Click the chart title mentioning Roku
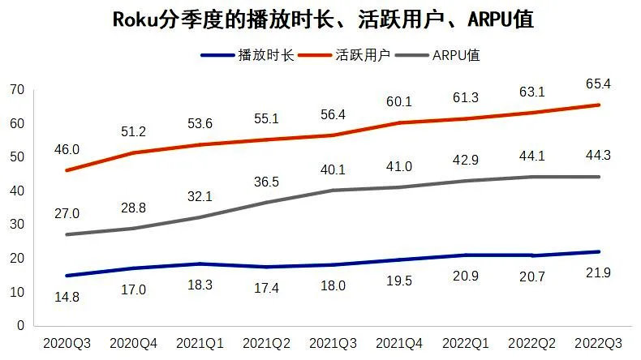[321, 19]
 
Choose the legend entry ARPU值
[462, 55]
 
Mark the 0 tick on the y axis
[18, 325]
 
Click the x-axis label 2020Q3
[66, 344]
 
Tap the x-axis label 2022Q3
[598, 344]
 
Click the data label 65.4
[598, 84]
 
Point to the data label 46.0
[66, 149]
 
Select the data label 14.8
[66, 296]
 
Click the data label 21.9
[598, 272]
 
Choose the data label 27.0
[66, 214]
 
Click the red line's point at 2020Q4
[132, 152]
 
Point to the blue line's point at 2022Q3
[598, 251]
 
